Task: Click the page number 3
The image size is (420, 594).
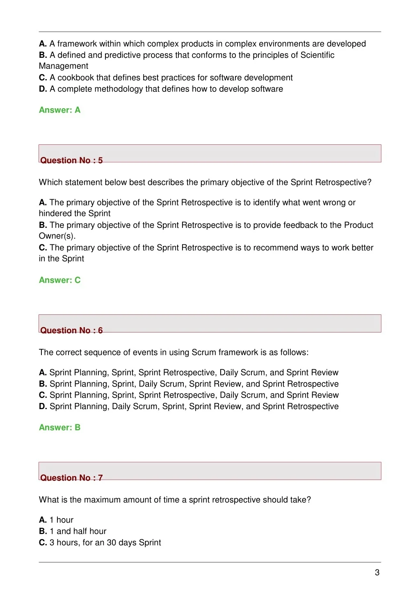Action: click(x=377, y=573)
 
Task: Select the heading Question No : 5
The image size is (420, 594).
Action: click(x=71, y=160)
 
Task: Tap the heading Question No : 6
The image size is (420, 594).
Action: click(x=71, y=330)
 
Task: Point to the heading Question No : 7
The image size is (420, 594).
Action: click(x=71, y=478)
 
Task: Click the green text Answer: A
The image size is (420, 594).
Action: click(x=59, y=110)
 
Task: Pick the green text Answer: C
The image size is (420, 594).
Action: click(x=59, y=280)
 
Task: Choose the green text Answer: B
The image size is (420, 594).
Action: click(x=59, y=427)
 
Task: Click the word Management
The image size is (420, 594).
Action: click(x=64, y=66)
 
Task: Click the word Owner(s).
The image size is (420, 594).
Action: click(x=57, y=236)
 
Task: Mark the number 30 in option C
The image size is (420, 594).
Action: click(x=112, y=542)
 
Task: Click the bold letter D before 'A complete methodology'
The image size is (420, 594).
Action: click(x=43, y=89)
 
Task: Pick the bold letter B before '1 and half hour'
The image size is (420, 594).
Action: click(x=43, y=531)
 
